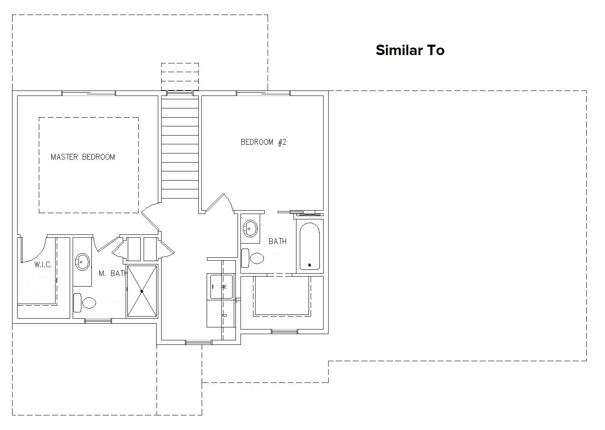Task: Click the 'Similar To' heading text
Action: pyautogui.click(x=410, y=50)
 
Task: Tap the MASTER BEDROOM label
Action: pyautogui.click(x=83, y=157)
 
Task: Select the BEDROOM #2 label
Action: pyautogui.click(x=263, y=142)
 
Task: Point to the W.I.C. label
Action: pyautogui.click(x=43, y=265)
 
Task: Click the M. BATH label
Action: pyautogui.click(x=113, y=274)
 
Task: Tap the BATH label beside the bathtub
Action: pyautogui.click(x=278, y=241)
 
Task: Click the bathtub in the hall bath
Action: pyautogui.click(x=310, y=246)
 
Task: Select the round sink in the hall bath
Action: pyautogui.click(x=250, y=229)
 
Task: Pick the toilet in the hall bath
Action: pyautogui.click(x=253, y=258)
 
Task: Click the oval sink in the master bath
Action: pyautogui.click(x=82, y=262)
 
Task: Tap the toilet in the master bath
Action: pyautogui.click(x=85, y=303)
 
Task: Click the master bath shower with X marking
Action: pyautogui.click(x=142, y=291)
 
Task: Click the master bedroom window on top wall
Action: pyautogui.click(x=89, y=93)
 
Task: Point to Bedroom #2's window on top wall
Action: pyautogui.click(x=263, y=93)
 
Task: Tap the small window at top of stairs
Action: pyautogui.click(x=180, y=93)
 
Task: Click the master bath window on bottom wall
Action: pyautogui.click(x=98, y=321)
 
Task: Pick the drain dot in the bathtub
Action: pyautogui.click(x=309, y=265)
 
